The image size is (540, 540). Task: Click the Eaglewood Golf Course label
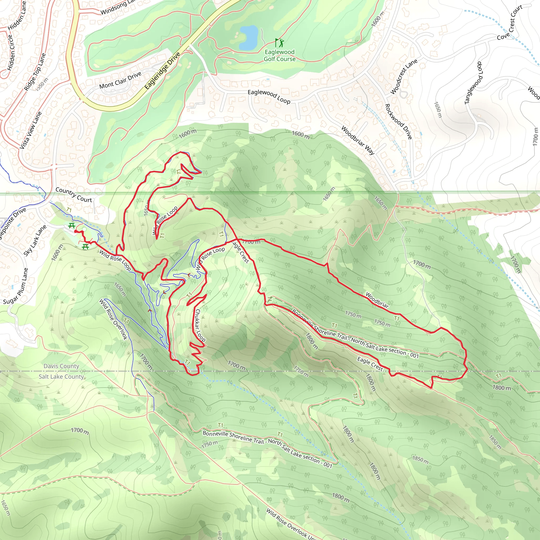pyautogui.click(x=279, y=55)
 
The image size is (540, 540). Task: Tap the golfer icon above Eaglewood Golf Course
pyautogui.click(x=279, y=43)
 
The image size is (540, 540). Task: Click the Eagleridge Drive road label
pyautogui.click(x=162, y=70)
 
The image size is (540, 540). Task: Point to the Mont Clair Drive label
pyautogui.click(x=120, y=80)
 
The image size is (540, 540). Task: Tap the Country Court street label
pyautogui.click(x=74, y=195)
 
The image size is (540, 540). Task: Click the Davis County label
pyautogui.click(x=61, y=366)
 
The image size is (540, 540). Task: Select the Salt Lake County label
pyautogui.click(x=61, y=377)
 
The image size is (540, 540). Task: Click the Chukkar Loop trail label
pyautogui.click(x=200, y=325)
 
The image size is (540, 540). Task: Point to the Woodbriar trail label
pyautogui.click(x=377, y=300)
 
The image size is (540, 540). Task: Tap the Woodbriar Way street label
pyautogui.click(x=358, y=140)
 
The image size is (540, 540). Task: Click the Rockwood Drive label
pyautogui.click(x=399, y=121)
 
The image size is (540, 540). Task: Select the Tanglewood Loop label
pyautogui.click(x=474, y=83)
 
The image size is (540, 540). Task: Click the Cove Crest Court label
pyautogui.click(x=510, y=22)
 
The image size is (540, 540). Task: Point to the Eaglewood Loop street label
pyautogui.click(x=269, y=97)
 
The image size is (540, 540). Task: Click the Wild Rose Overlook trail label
pyautogui.click(x=113, y=319)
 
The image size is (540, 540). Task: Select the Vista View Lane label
pyautogui.click(x=31, y=130)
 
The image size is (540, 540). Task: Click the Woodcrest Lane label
pyautogui.click(x=404, y=76)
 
